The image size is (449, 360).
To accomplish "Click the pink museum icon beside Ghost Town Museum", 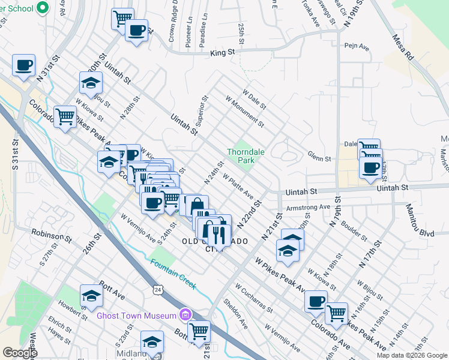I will click(x=185, y=314).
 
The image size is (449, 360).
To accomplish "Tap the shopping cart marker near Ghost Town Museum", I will click(x=199, y=331).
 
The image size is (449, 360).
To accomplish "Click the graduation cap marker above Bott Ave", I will click(x=91, y=295).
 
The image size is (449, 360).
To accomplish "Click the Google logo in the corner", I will click(x=20, y=353).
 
